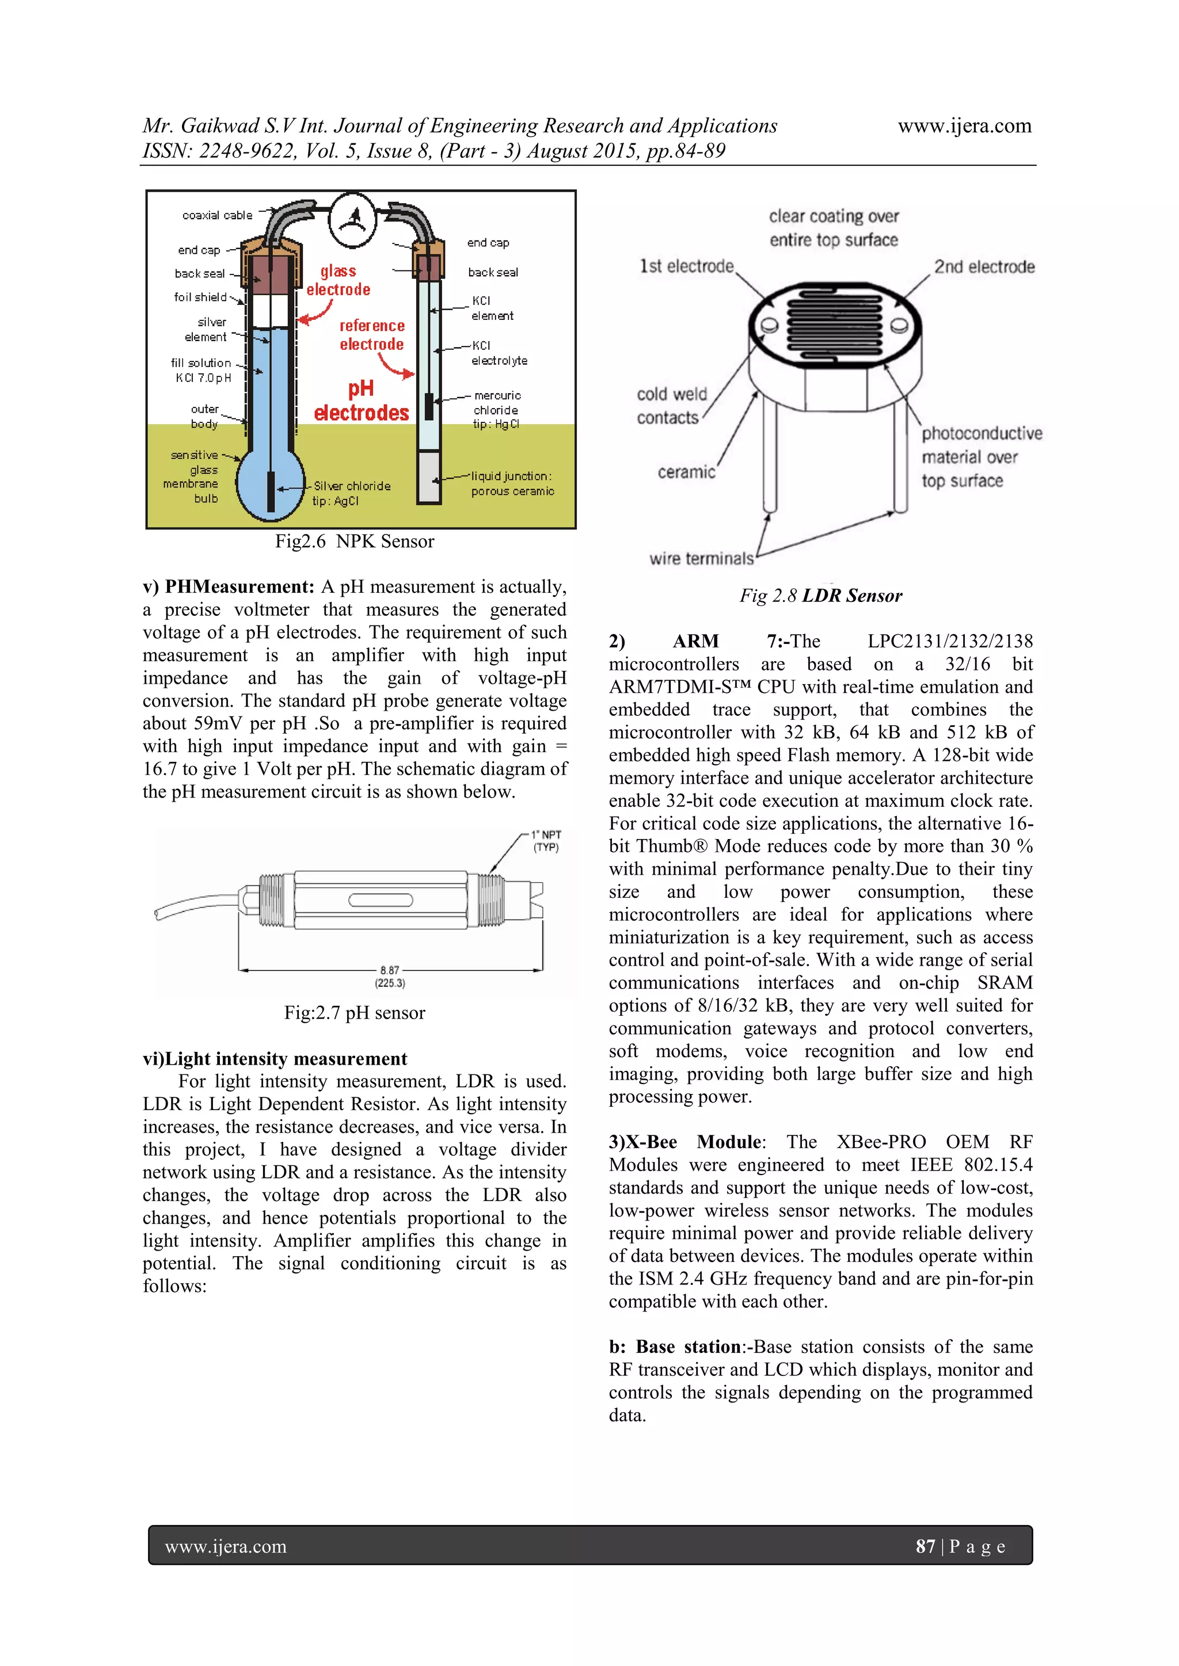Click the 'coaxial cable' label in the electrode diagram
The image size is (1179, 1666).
point(217,215)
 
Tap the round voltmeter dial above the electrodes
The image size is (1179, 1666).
point(353,219)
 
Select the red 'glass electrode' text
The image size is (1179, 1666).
point(339,281)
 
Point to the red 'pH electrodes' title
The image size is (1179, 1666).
point(361,401)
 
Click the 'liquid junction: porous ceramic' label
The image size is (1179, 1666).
point(512,484)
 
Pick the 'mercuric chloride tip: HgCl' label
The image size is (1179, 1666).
point(497,410)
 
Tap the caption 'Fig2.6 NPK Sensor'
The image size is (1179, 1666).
point(354,542)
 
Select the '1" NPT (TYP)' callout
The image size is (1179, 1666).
point(546,841)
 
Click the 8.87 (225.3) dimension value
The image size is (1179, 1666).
point(390,976)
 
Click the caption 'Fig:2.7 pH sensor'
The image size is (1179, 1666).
point(354,1013)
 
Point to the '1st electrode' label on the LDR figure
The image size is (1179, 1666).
point(686,266)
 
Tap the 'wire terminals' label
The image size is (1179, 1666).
point(701,558)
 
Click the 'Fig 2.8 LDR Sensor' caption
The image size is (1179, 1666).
point(820,596)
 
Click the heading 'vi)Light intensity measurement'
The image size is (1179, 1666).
point(275,1059)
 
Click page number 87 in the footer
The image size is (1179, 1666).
point(925,1546)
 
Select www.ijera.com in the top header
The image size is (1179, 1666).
point(964,126)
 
